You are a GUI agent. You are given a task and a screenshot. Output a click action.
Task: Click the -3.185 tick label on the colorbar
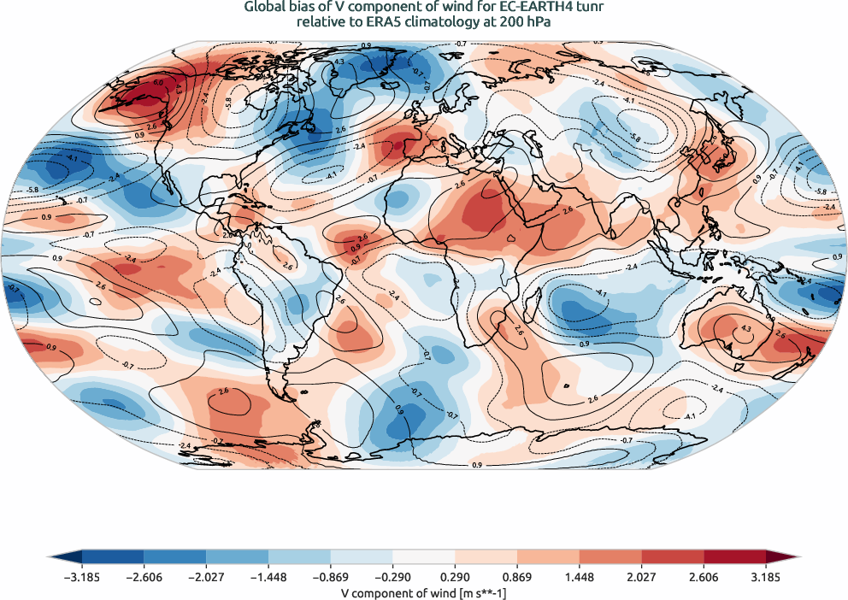tap(82, 577)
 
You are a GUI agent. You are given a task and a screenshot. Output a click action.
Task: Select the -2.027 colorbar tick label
tap(206, 577)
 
